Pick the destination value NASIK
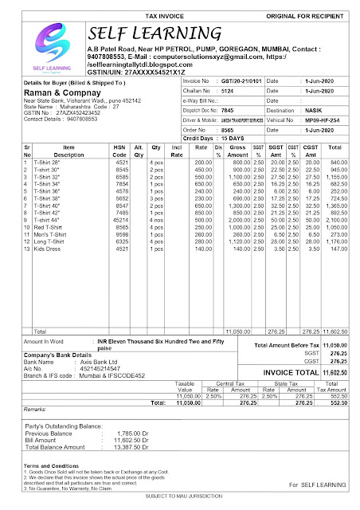[x=311, y=131]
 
